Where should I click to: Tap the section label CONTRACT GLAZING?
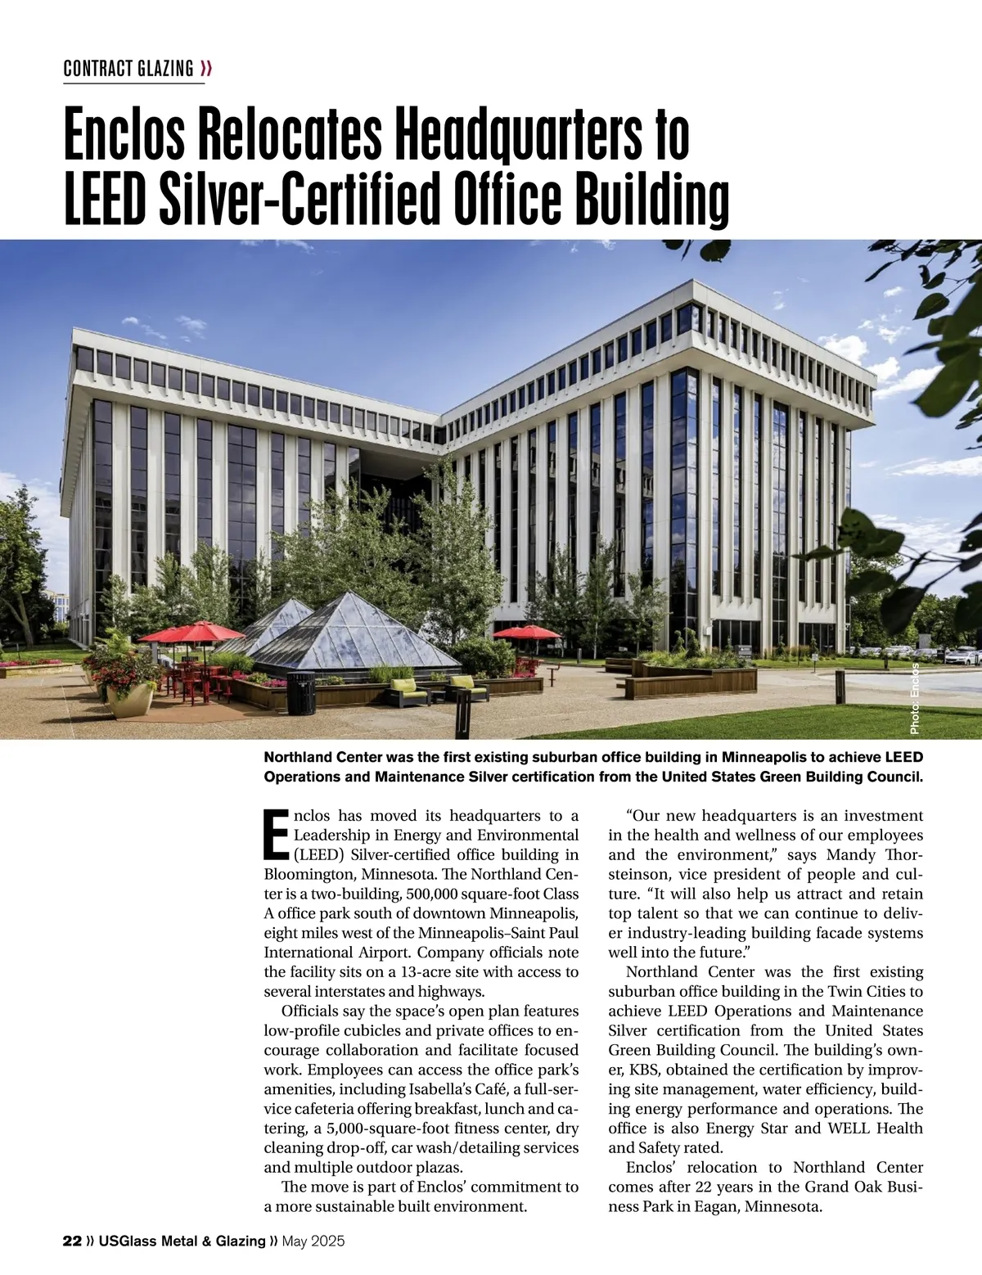pyautogui.click(x=128, y=69)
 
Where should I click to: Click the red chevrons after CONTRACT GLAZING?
pyautogui.click(x=206, y=69)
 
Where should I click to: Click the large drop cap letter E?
pyautogui.click(x=277, y=835)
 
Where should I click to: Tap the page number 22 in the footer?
pyautogui.click(x=72, y=1241)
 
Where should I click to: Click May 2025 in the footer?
pyautogui.click(x=313, y=1241)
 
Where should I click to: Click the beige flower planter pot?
pyautogui.click(x=130, y=698)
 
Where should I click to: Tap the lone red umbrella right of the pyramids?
pyautogui.click(x=527, y=632)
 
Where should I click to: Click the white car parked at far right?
pyautogui.click(x=961, y=656)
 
